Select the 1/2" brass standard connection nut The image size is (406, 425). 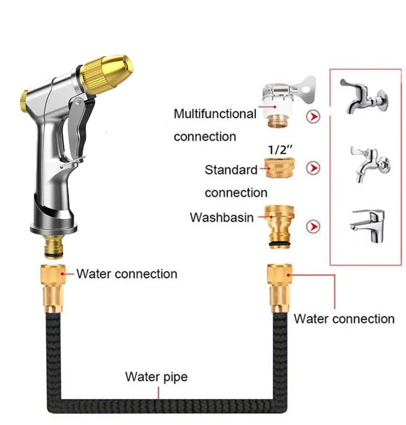(279, 168)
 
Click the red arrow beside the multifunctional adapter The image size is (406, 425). (313, 116)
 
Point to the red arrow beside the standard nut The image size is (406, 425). (313, 168)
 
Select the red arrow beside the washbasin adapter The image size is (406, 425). (313, 226)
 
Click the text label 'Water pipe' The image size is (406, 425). (156, 377)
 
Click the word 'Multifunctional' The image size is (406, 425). (215, 114)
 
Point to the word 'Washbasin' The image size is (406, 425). (222, 218)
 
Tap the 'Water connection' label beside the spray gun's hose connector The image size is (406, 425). (127, 274)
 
